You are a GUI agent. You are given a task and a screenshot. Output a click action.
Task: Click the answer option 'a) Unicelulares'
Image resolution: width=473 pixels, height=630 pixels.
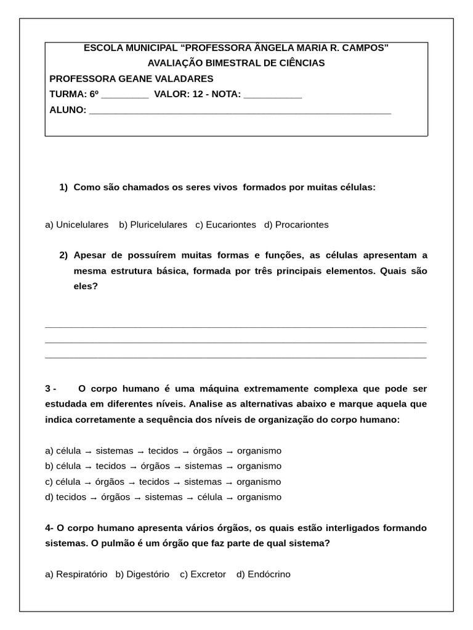(76, 225)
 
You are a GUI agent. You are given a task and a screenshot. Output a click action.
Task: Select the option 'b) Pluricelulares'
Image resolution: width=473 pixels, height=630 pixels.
(153, 225)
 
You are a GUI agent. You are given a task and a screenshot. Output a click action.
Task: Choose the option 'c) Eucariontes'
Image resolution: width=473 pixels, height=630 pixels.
(225, 225)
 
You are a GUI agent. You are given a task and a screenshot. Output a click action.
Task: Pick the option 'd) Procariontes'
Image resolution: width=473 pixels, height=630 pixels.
(296, 225)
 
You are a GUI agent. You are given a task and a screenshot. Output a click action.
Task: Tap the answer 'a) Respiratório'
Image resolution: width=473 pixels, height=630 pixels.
(76, 574)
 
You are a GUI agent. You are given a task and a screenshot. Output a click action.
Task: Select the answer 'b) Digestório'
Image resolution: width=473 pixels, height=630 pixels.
(142, 574)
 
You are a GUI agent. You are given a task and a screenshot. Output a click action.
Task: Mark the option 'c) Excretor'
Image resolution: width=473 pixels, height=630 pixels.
(203, 574)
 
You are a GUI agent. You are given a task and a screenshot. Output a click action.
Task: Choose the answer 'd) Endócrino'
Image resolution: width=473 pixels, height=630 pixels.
(263, 574)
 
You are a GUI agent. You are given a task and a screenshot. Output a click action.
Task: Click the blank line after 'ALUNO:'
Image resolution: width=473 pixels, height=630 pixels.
(240, 111)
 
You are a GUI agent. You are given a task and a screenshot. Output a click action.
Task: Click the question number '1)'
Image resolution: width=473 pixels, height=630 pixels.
(63, 187)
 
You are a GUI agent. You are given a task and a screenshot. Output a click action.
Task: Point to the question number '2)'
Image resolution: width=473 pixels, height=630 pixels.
(63, 255)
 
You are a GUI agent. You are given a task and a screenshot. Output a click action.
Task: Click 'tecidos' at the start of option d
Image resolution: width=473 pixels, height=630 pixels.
(71, 497)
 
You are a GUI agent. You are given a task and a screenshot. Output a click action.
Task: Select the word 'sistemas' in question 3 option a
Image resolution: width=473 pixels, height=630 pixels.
(115, 450)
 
